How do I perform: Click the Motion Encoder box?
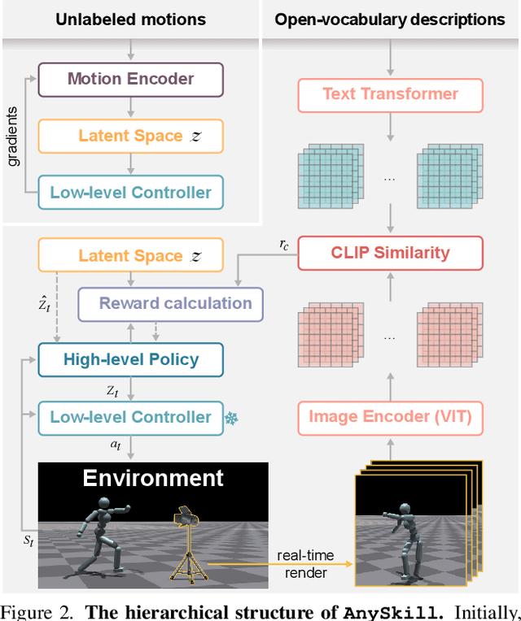pos(130,79)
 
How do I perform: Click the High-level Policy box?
pos(130,359)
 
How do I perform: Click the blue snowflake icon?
pos(230,418)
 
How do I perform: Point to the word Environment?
pos(153,477)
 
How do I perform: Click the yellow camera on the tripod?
pos(186,519)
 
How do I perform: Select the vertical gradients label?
pos(14,135)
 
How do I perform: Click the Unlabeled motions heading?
pos(130,19)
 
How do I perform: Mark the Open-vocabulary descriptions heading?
pos(389,19)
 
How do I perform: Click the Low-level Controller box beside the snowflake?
pos(130,417)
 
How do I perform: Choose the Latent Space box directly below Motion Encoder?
pos(130,136)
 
